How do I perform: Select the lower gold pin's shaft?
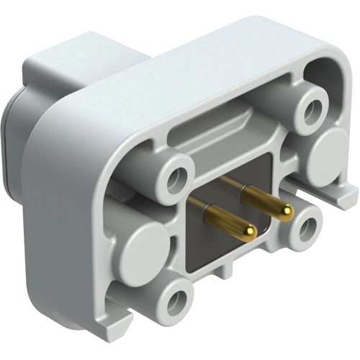click(224, 218)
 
